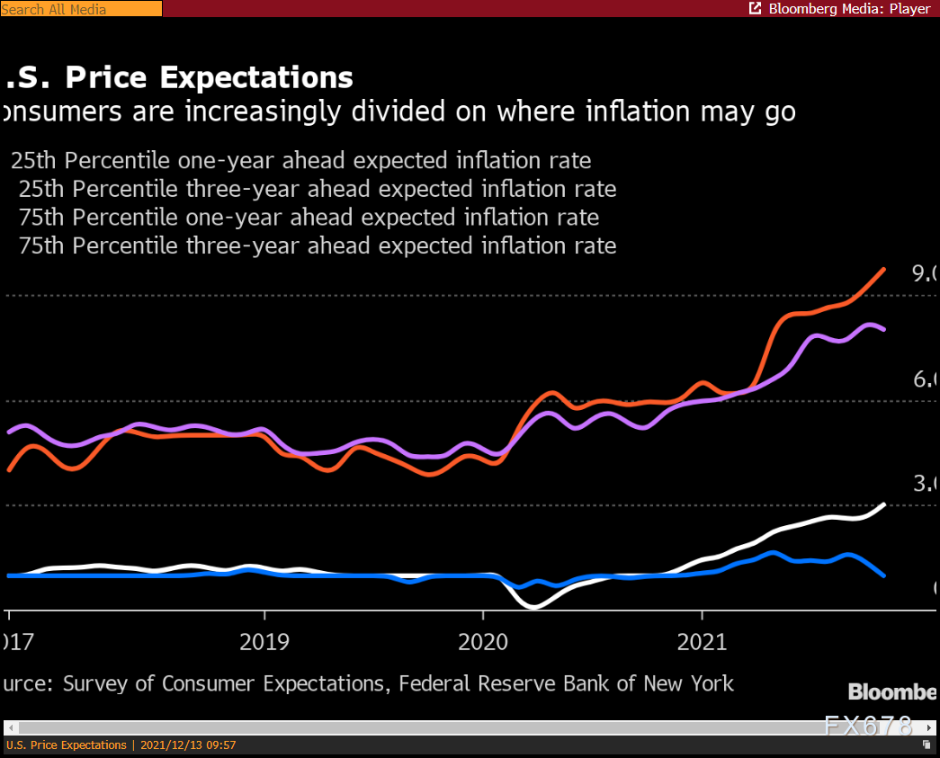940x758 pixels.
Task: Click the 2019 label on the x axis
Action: pos(264,642)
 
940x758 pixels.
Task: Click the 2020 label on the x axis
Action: pos(483,642)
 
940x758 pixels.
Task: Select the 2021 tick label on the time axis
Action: pos(702,642)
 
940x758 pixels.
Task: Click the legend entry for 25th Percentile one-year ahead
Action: pos(300,161)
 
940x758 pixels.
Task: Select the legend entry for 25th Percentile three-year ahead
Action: pos(317,189)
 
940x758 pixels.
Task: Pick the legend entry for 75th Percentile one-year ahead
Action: pos(308,217)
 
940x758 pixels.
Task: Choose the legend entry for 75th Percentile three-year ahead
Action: pos(317,245)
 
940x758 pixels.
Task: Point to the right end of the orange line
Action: pos(884,269)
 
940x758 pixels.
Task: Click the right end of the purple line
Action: pos(884,329)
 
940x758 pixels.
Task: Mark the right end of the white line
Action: pos(884,504)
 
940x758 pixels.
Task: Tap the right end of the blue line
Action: pos(884,575)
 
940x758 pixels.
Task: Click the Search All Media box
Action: pos(81,9)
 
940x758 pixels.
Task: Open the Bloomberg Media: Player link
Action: pos(849,9)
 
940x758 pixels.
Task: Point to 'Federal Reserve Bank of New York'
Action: pos(566,683)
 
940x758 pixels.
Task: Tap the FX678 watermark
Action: pos(869,725)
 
